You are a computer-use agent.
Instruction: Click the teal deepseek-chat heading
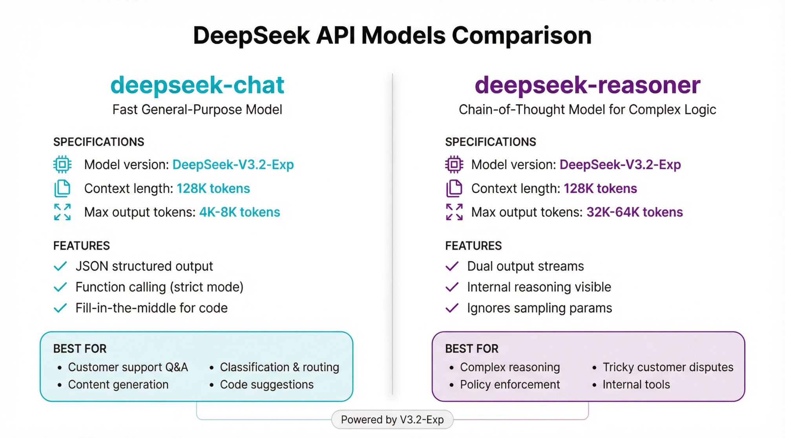tap(197, 85)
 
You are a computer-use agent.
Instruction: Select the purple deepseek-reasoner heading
tap(587, 85)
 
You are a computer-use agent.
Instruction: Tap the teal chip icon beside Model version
tap(62, 164)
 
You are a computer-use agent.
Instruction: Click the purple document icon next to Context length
tap(454, 188)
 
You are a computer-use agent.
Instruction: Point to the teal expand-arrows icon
tap(62, 212)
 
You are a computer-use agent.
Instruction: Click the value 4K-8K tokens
tap(239, 212)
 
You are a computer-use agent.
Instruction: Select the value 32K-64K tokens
tap(634, 212)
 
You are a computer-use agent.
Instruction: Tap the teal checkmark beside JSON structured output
tap(60, 266)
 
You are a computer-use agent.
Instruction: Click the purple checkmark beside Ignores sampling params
tap(452, 308)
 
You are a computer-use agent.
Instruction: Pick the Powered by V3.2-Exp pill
tap(392, 420)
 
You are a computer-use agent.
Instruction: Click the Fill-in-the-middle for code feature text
tap(152, 308)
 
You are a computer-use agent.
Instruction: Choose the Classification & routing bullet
tap(279, 367)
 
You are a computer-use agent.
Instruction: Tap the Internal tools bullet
tap(636, 384)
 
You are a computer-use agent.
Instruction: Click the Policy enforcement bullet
tap(509, 384)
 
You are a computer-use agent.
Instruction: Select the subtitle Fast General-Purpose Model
tap(197, 109)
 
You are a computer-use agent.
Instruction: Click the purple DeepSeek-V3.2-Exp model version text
tap(620, 164)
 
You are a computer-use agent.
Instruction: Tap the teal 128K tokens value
tap(213, 188)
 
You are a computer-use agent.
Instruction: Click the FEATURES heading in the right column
tap(473, 246)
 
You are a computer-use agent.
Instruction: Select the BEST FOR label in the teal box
tap(80, 349)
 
